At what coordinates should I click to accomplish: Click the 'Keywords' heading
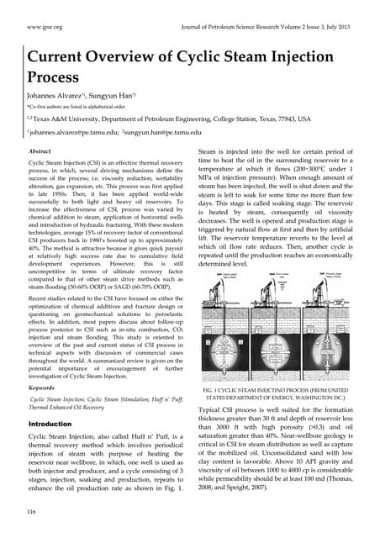[x=42, y=389]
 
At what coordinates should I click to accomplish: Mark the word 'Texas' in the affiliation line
[x=52, y=119]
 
